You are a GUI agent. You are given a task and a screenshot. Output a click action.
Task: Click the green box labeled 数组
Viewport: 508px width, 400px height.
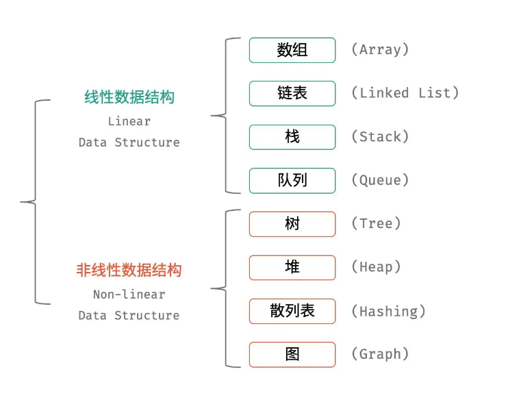coord(292,50)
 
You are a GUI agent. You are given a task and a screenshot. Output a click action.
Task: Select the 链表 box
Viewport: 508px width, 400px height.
coord(292,93)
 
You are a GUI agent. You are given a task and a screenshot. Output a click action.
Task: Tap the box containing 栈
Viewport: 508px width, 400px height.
coord(292,137)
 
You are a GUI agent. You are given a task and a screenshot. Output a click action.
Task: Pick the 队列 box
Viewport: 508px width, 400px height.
coord(292,180)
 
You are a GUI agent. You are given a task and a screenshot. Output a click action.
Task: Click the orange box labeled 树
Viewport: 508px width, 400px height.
coord(292,224)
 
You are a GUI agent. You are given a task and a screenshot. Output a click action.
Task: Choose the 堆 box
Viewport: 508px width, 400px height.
coord(292,267)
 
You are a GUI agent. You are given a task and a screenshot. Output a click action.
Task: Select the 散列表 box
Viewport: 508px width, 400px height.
coord(292,311)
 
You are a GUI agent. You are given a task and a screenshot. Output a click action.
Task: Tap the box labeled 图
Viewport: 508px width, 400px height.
coord(292,354)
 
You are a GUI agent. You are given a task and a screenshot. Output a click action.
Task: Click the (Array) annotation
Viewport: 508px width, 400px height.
coord(380,50)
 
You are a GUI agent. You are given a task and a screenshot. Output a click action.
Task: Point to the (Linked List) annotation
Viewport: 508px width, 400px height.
coord(405,93)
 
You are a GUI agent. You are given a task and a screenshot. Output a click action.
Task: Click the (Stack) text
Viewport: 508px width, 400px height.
coord(380,137)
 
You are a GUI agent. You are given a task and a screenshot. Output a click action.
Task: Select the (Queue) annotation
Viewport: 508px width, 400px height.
coord(380,180)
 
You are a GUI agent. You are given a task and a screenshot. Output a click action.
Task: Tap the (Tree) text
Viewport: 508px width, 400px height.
coord(376,224)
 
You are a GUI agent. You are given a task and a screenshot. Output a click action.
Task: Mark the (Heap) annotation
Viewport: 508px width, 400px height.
coord(376,267)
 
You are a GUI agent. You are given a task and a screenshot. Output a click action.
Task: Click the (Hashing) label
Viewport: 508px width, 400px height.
coord(388,311)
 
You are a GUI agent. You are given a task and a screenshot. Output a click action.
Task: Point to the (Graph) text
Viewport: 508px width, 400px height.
coord(380,354)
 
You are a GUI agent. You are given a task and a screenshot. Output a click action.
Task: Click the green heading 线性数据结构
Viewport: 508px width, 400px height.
coord(129,97)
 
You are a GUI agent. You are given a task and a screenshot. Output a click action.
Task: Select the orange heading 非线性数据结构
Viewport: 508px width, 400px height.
coord(129,271)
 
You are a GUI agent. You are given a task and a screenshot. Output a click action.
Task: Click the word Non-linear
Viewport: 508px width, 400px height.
coord(129,295)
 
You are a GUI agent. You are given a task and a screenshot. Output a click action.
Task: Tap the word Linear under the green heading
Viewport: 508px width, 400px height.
coord(129,121)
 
